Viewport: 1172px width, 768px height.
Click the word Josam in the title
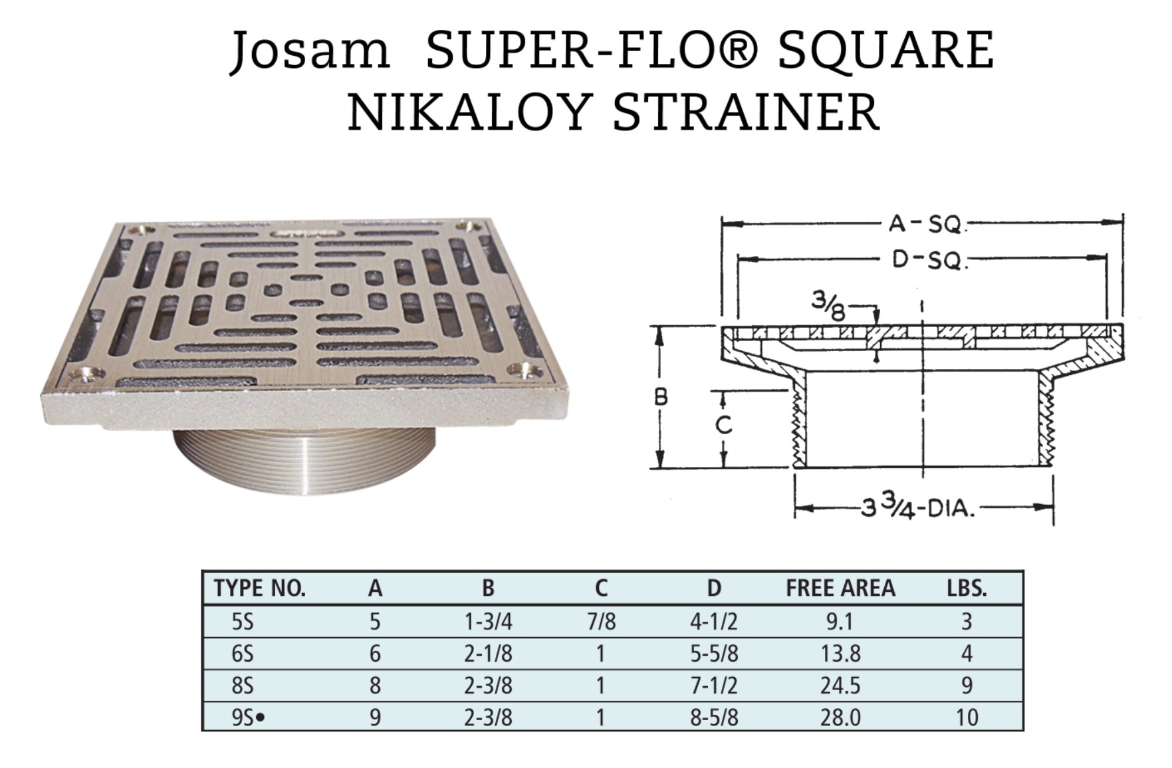click(310, 51)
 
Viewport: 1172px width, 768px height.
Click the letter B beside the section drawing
click(661, 397)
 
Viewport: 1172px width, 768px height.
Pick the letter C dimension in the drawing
click(723, 424)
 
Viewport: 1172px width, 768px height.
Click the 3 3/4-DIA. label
click(918, 509)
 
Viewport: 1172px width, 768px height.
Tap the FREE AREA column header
click(840, 588)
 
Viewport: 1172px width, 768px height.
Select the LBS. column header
click(967, 588)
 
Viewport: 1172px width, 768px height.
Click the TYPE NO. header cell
click(260, 588)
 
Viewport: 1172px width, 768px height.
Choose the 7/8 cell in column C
click(601, 622)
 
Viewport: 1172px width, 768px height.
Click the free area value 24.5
click(840, 686)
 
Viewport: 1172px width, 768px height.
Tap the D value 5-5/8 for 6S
click(714, 654)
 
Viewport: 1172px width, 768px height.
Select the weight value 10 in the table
click(967, 717)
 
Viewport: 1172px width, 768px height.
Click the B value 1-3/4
click(488, 622)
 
